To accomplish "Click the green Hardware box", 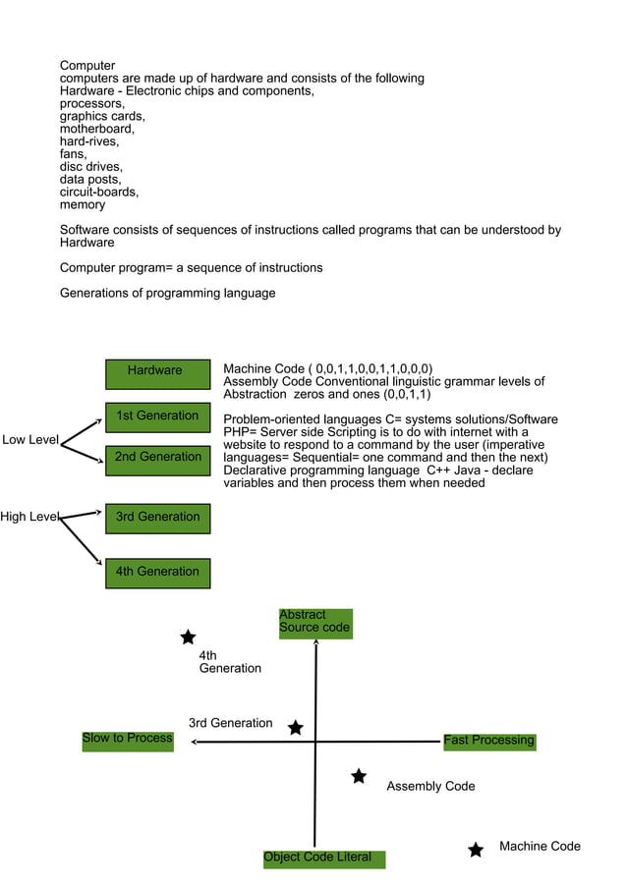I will tap(157, 373).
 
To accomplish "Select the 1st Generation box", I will tap(157, 417).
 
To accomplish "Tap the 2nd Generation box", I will tap(157, 460).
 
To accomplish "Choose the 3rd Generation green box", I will tap(157, 519).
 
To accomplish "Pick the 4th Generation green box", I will tap(157, 573).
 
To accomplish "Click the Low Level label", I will tap(30, 440).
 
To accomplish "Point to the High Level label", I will tap(29, 517).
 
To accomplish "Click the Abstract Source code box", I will tap(314, 623).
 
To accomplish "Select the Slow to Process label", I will tap(127, 739).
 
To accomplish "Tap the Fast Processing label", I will tap(488, 741).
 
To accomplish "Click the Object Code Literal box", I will tap(323, 859).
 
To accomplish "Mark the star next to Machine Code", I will tap(476, 850).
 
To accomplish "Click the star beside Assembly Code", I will tap(359, 777).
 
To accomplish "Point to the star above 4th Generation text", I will tap(188, 638).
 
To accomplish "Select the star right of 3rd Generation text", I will tap(295, 728).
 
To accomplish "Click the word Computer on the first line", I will tap(87, 66).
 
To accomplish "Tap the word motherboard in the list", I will tap(96, 129).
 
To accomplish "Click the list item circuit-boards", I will tap(98, 193).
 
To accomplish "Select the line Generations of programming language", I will tap(167, 293).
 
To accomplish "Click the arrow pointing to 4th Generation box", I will tap(84, 542).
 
